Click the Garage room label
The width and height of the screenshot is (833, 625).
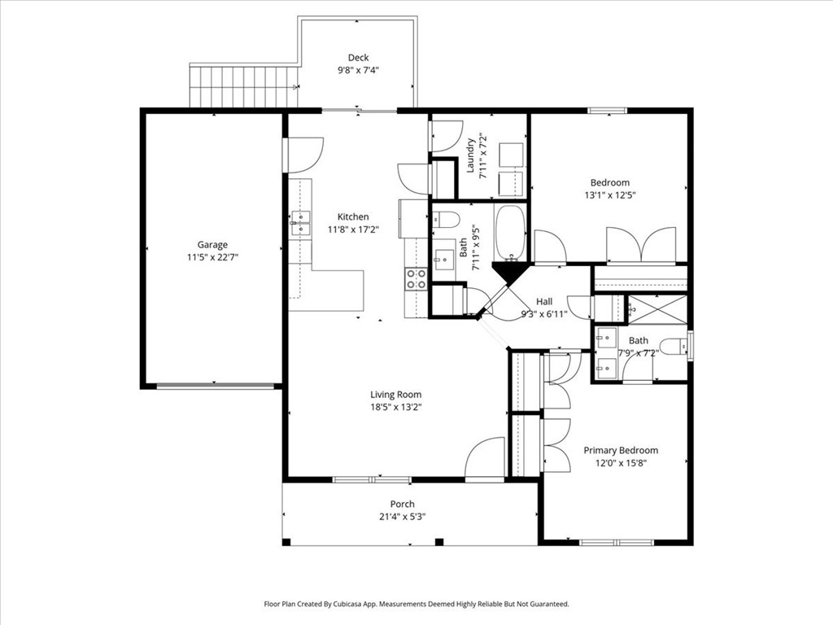click(212, 244)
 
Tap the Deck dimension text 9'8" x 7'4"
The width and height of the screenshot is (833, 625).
click(358, 70)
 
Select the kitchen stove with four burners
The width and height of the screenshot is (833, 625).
click(416, 279)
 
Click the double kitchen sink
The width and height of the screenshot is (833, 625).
click(299, 222)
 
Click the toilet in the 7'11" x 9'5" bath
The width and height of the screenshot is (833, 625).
click(445, 219)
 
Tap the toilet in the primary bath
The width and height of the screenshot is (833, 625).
click(672, 347)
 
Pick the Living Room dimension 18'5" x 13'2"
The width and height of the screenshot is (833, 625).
click(396, 407)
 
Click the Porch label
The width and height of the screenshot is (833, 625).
click(402, 504)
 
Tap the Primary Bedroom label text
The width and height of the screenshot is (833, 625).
click(621, 450)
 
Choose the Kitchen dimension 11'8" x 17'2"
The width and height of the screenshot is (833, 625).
click(353, 229)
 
